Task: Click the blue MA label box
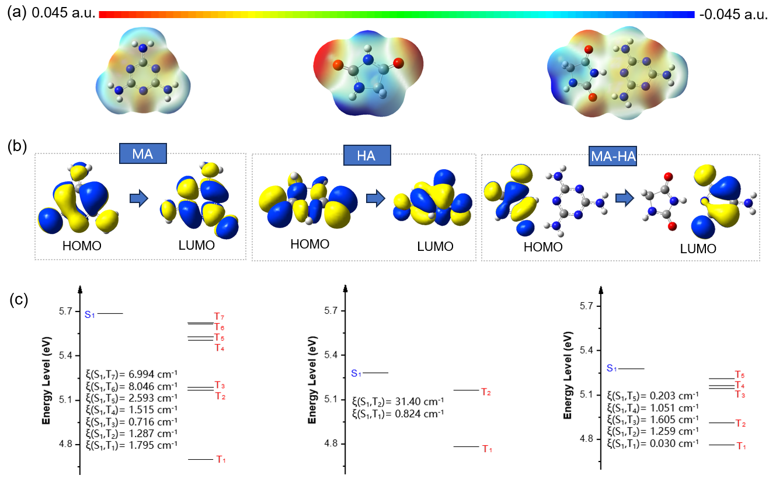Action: coord(143,154)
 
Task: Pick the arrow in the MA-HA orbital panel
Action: coord(625,200)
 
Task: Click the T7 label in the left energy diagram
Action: coord(219,316)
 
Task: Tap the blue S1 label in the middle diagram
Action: coord(356,373)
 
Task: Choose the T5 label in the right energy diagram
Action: coord(740,375)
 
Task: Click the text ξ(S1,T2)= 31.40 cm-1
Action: coord(398,401)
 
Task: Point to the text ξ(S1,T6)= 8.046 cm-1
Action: coord(131,386)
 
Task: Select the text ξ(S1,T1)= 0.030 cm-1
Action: coord(653,443)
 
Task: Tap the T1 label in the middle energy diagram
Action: coord(487,449)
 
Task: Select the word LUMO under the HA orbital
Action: coord(435,247)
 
